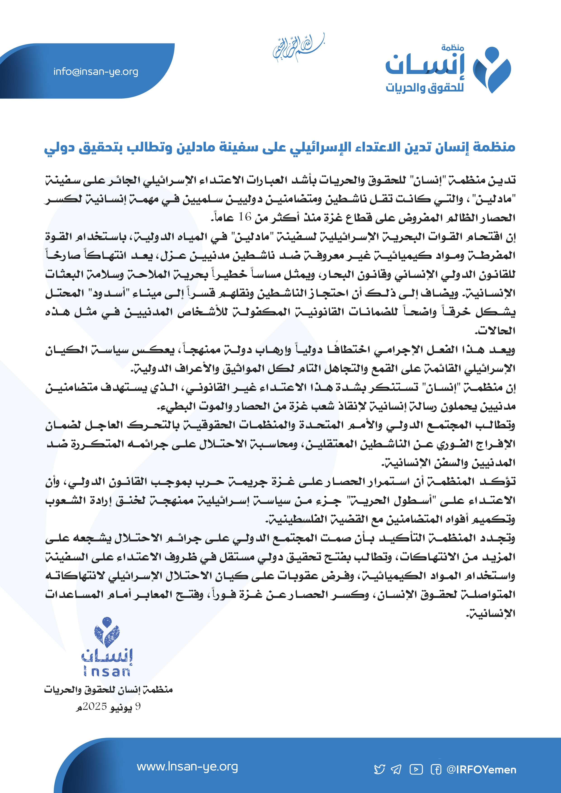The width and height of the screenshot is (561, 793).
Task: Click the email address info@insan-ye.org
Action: coord(96,72)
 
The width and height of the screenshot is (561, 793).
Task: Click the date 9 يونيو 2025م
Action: coord(109,707)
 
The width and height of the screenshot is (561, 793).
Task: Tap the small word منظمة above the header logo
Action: coord(452,48)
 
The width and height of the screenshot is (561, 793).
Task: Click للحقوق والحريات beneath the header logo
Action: coord(425,88)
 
